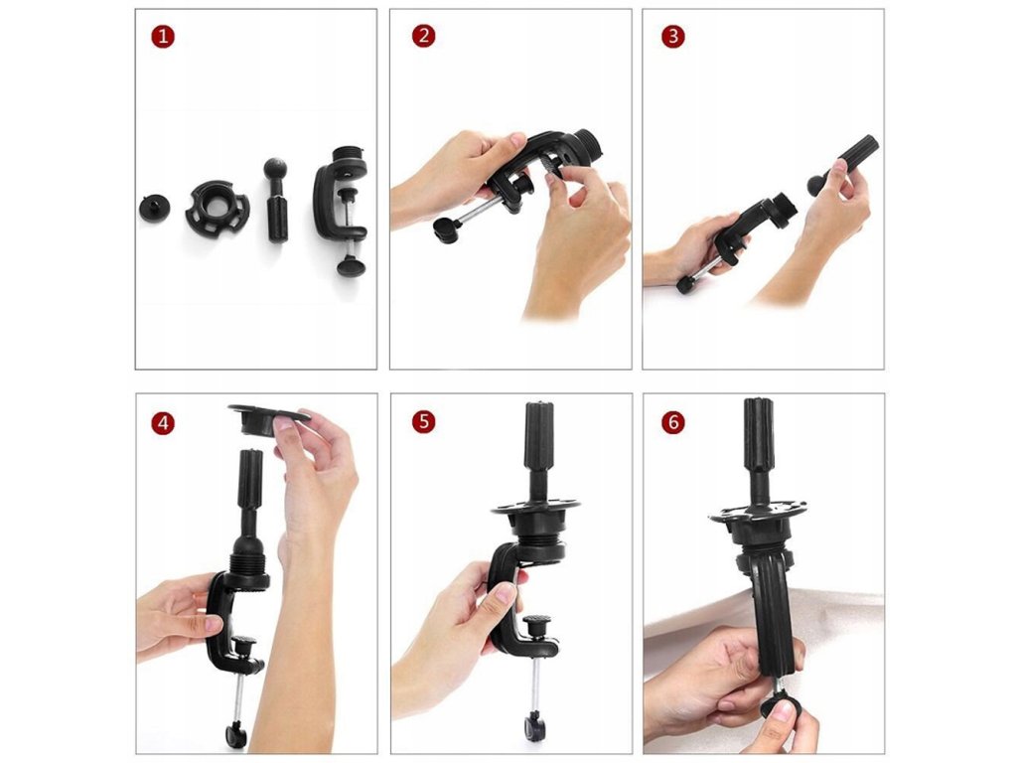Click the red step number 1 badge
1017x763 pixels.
click(163, 37)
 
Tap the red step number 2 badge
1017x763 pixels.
click(423, 36)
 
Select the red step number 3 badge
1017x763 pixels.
click(672, 37)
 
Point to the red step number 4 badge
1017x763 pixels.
click(163, 423)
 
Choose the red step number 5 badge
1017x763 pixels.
click(423, 421)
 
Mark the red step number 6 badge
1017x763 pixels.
click(672, 422)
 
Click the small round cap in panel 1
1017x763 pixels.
click(154, 209)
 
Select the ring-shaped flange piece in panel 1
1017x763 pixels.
click(218, 208)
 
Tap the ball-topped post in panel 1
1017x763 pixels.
click(276, 200)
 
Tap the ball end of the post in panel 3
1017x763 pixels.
click(816, 185)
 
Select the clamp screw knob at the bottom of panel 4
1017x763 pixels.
click(236, 735)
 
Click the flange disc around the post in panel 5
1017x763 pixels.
click(535, 508)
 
